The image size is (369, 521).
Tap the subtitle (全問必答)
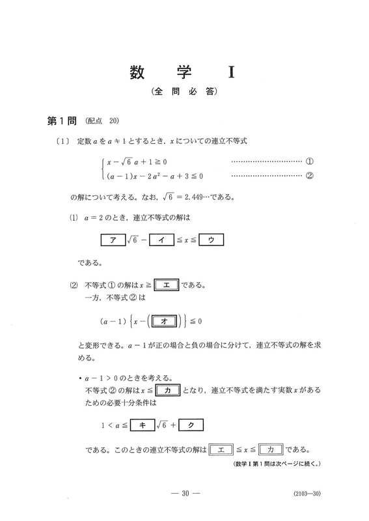[x=184, y=92]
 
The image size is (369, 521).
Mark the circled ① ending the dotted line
[x=309, y=160]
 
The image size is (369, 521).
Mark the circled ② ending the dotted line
[x=309, y=175]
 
